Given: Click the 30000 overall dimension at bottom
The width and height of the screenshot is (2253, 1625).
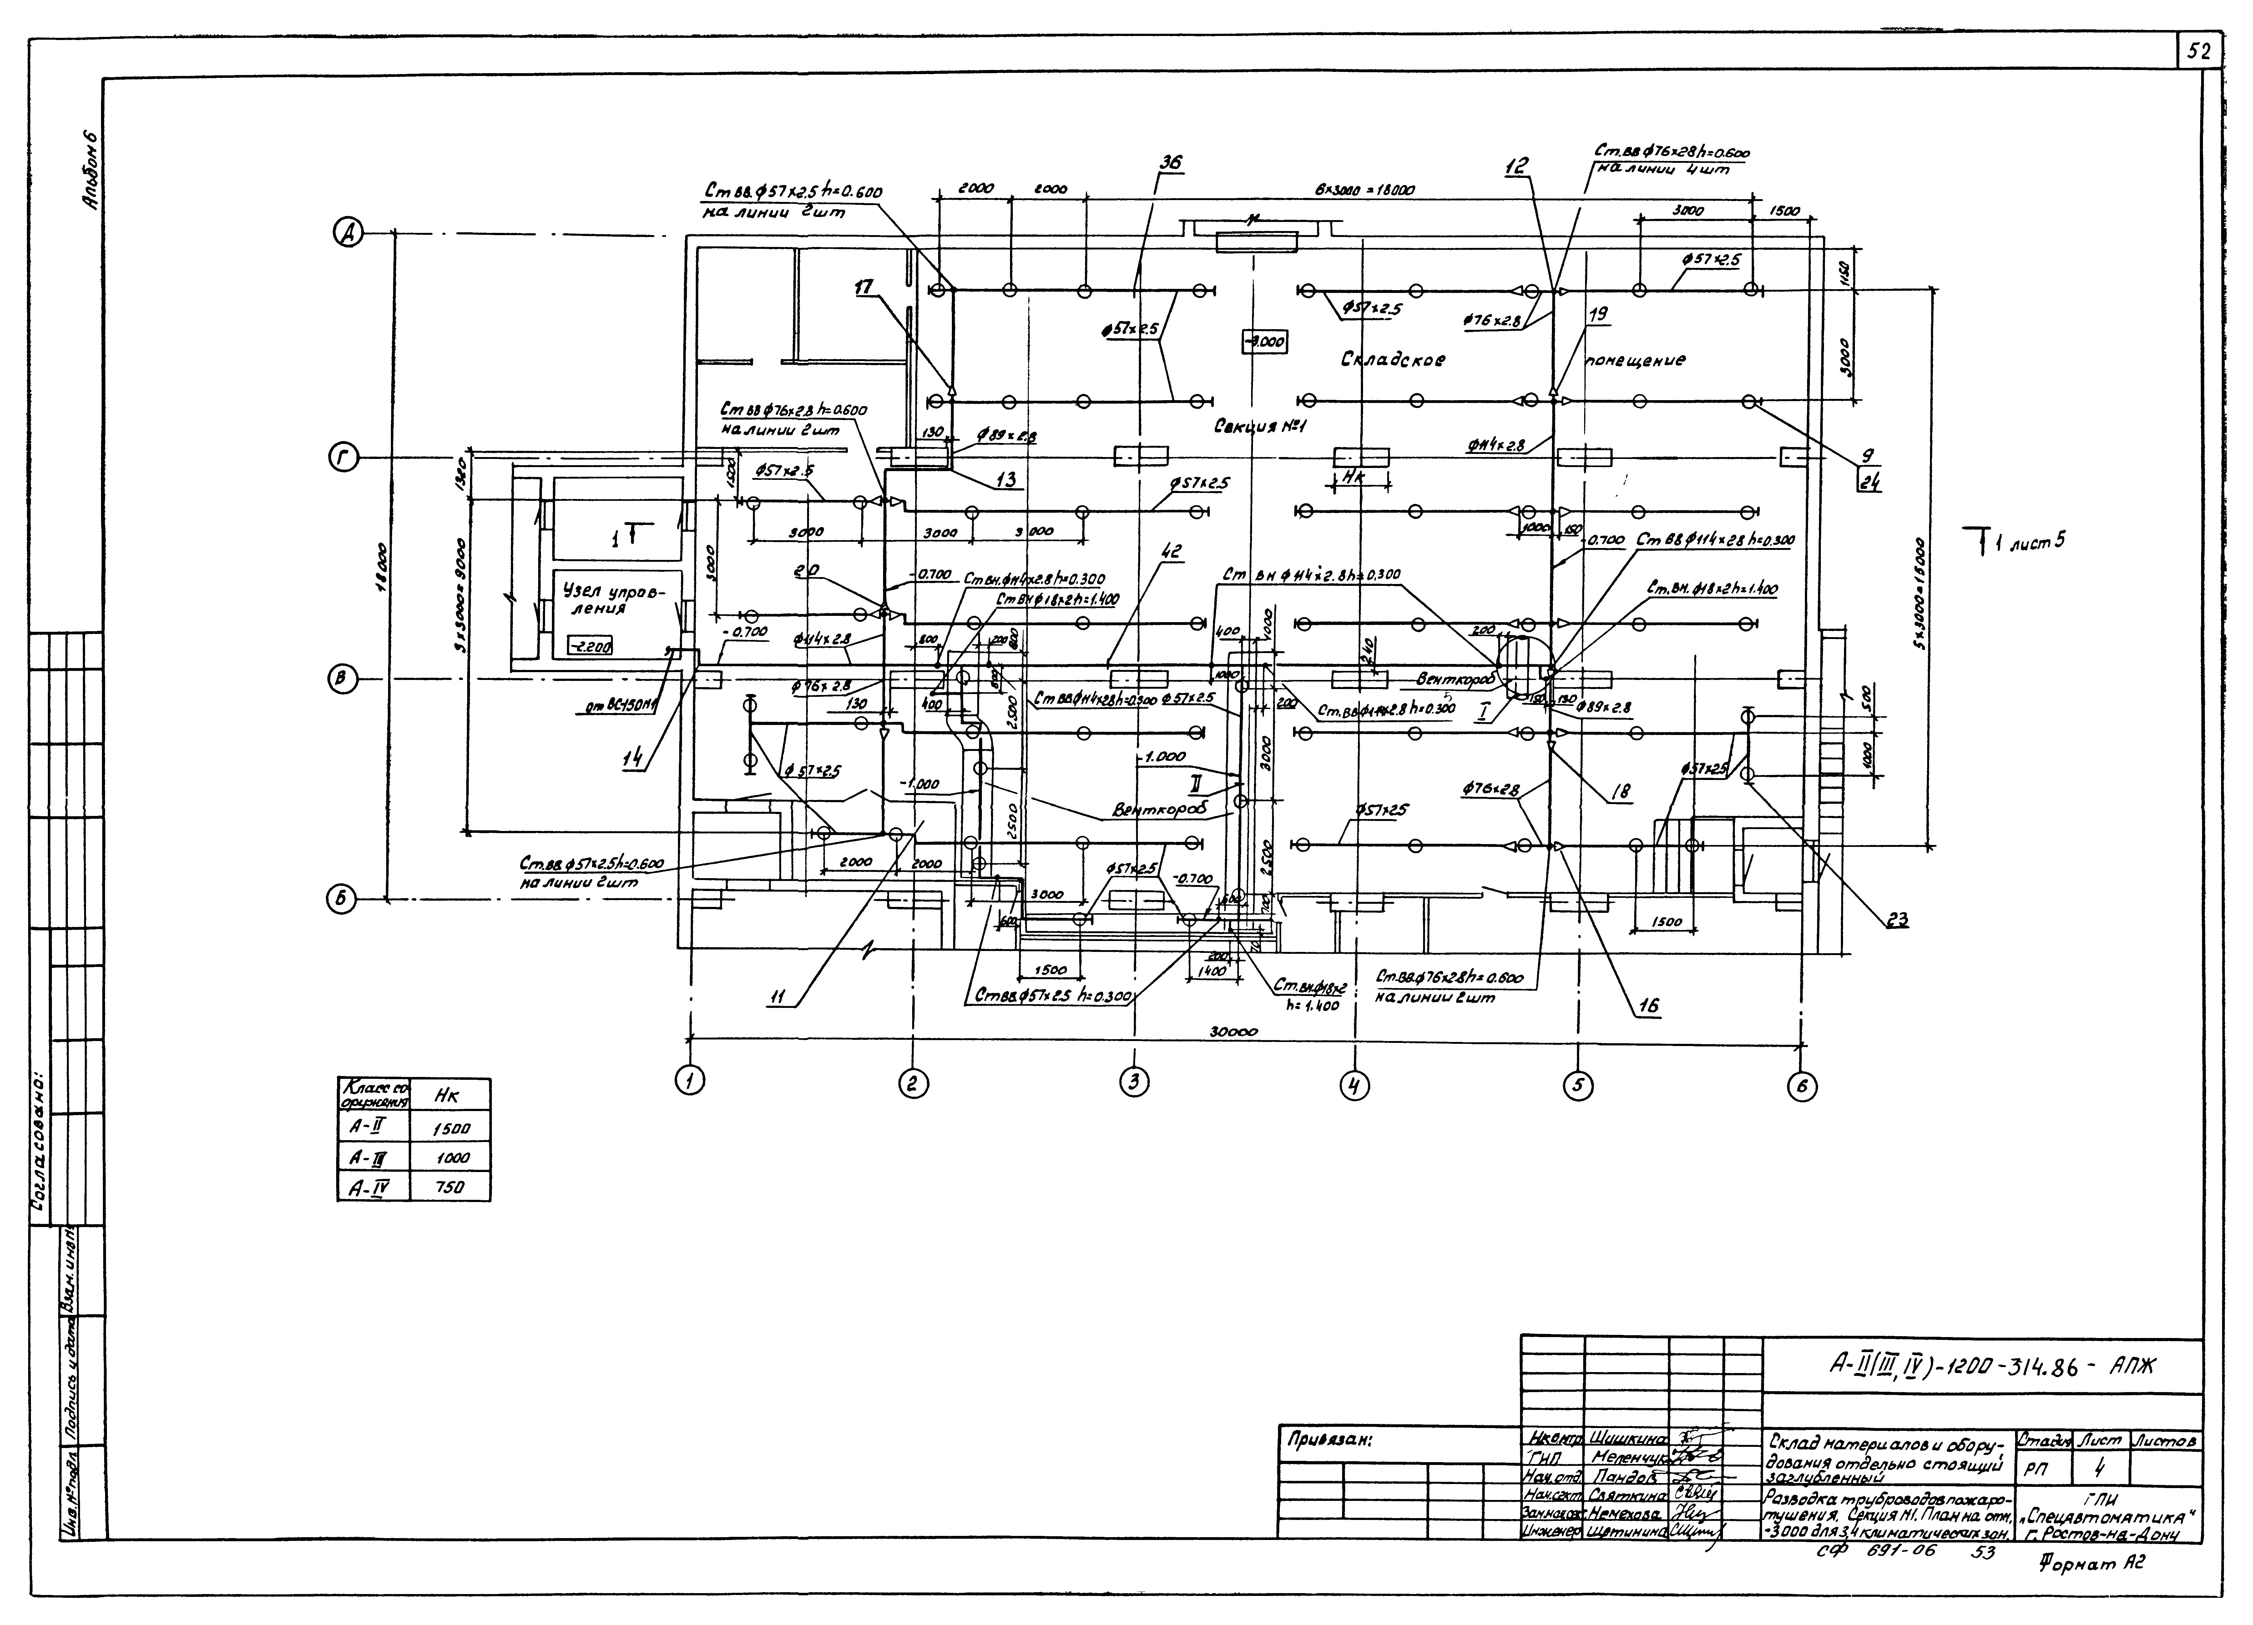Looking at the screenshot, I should [x=1233, y=1032].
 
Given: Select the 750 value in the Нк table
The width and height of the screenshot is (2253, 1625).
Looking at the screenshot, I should [x=451, y=1187].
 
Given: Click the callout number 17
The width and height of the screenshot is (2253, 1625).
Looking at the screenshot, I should [x=865, y=288].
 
